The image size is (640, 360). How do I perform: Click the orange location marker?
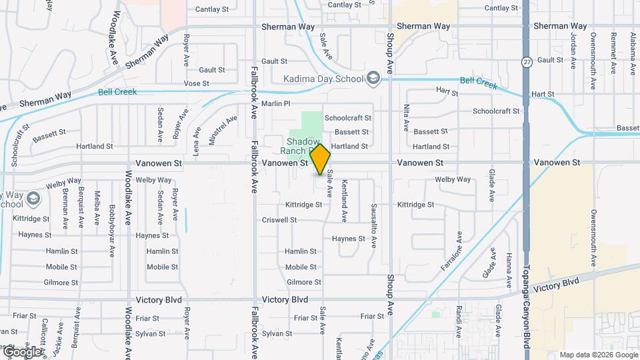pyautogui.click(x=321, y=160)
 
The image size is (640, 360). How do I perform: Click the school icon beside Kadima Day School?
pyautogui.click(x=373, y=79)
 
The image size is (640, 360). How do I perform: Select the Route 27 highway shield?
pyautogui.click(x=527, y=61)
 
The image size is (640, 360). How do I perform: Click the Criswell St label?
pyautogui.click(x=279, y=219)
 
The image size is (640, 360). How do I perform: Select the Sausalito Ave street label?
pyautogui.click(x=374, y=221)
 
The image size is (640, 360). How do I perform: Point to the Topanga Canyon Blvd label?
pyautogui.click(x=526, y=313)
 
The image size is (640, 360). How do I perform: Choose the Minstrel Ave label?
pyautogui.click(x=213, y=130)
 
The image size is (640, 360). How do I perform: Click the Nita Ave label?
pyautogui.click(x=406, y=117)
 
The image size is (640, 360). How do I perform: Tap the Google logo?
pyautogui.click(x=21, y=351)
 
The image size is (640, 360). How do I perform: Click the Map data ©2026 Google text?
pyautogui.click(x=598, y=355)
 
